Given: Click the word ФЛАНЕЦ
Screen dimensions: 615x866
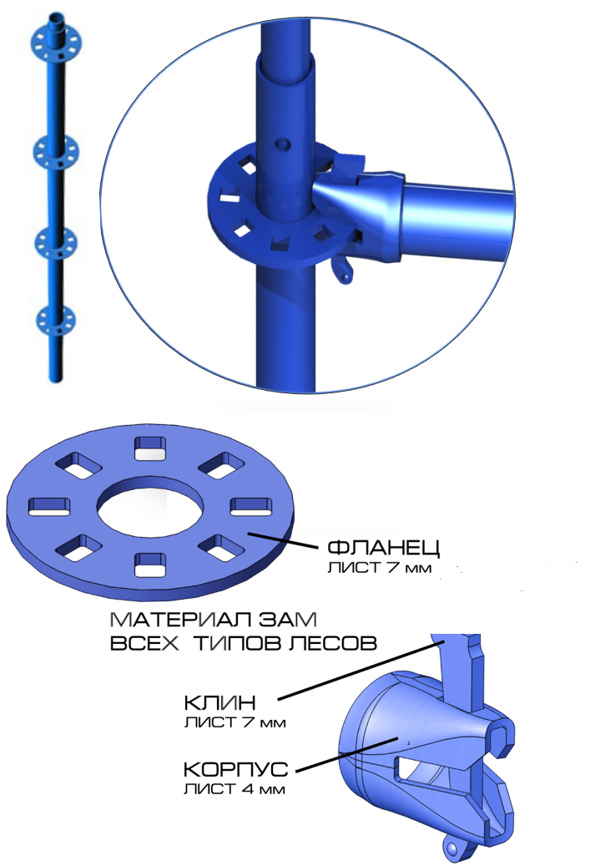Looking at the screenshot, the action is (384, 547).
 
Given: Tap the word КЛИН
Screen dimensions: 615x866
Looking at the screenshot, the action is (219, 702).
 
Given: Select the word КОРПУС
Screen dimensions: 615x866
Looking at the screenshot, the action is (235, 769).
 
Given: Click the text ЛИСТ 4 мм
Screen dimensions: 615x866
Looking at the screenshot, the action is (234, 788).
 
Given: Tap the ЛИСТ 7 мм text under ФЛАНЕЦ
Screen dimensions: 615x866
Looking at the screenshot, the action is (380, 567).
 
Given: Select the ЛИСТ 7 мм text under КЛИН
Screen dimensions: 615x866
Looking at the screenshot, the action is (235, 722).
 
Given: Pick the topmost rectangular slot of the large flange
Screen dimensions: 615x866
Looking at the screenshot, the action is (150, 448).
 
